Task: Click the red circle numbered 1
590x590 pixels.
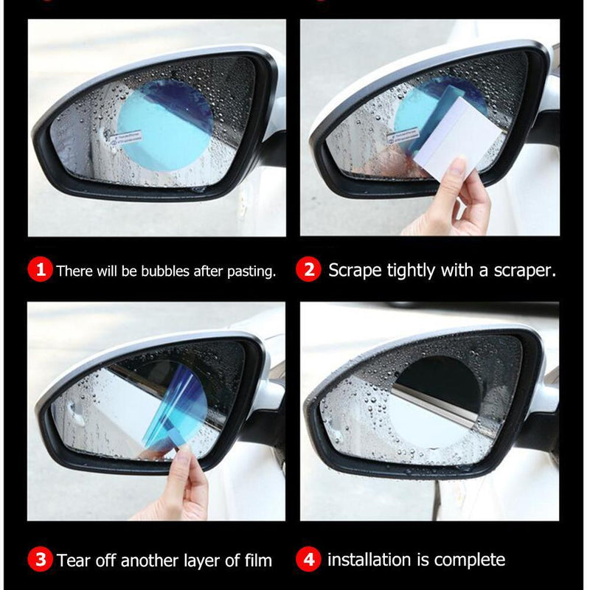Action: pos(41,271)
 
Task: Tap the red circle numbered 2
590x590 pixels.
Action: pos(308,270)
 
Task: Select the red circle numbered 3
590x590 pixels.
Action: pos(41,560)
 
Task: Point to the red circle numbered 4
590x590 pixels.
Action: pos(308,560)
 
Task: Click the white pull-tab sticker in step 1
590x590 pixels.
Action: pos(125,138)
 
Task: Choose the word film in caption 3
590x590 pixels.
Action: pos(257,560)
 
